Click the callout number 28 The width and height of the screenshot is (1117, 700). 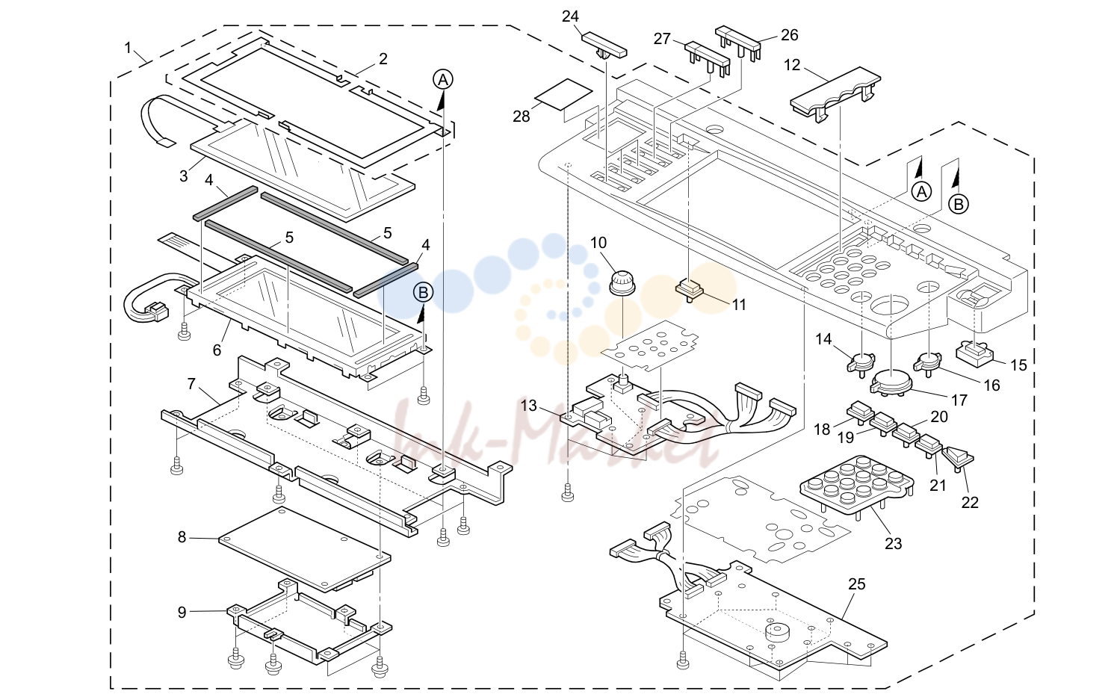click(x=522, y=117)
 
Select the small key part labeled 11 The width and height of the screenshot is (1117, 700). click(x=689, y=290)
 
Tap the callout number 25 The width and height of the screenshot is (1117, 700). click(x=857, y=584)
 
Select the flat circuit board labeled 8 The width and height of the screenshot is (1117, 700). click(x=304, y=549)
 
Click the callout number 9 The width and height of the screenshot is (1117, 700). click(x=182, y=612)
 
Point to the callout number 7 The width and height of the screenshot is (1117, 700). click(x=191, y=384)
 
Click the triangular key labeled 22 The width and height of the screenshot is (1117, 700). click(x=959, y=458)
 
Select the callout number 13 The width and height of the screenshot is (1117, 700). click(x=528, y=406)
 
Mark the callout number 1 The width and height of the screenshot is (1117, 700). click(x=128, y=48)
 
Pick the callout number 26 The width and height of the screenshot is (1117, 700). click(x=790, y=35)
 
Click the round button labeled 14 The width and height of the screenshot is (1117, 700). click(x=861, y=362)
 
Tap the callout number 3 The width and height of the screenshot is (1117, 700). click(x=184, y=176)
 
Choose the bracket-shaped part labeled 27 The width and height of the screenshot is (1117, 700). click(x=707, y=59)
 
